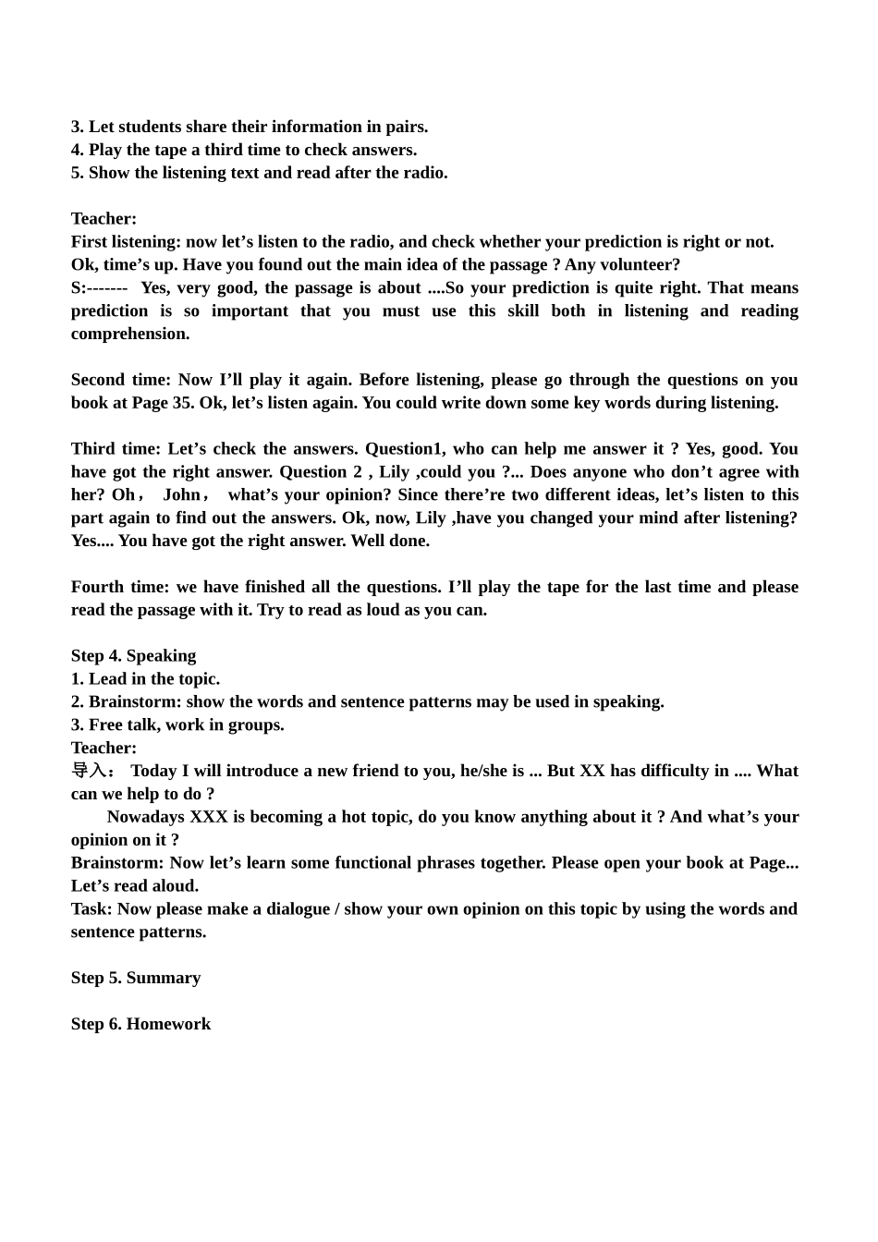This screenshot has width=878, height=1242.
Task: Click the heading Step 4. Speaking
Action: pyautogui.click(x=133, y=656)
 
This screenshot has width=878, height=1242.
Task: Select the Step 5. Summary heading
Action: pyautogui.click(x=136, y=978)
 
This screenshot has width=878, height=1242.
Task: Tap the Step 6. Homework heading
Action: pyautogui.click(x=140, y=1024)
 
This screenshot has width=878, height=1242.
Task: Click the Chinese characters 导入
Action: pyautogui.click(x=89, y=771)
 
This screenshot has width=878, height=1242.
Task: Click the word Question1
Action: pyautogui.click(x=404, y=449)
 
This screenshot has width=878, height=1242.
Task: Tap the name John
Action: pyautogui.click(x=182, y=495)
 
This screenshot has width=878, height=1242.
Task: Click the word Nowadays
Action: pyautogui.click(x=146, y=817)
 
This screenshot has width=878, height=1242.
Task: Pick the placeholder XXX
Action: pyautogui.click(x=209, y=817)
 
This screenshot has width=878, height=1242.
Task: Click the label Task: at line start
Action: pyautogui.click(x=91, y=909)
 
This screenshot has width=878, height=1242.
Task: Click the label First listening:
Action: pyautogui.click(x=126, y=242)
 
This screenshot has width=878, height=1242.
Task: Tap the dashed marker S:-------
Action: pyautogui.click(x=99, y=288)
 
